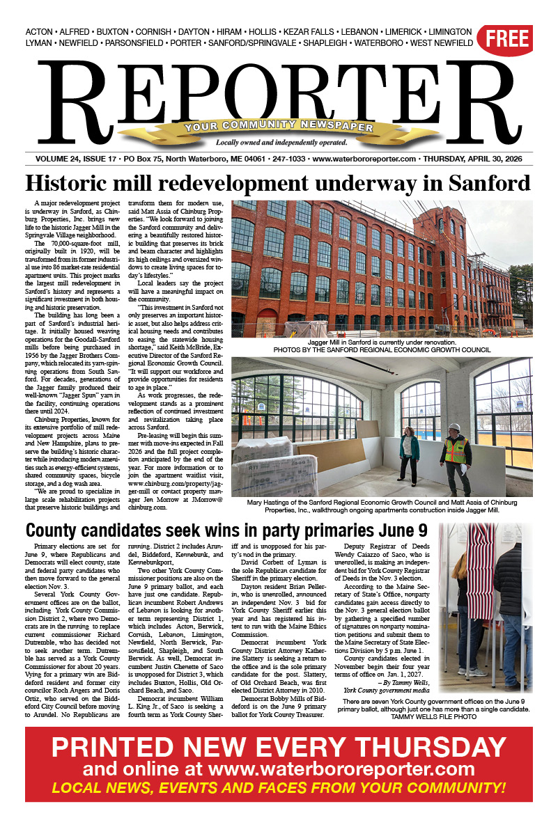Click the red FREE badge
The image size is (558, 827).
point(508,39)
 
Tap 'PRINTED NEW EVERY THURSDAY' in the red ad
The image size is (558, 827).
point(279,747)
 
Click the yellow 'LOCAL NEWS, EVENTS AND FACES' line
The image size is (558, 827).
point(279,788)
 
